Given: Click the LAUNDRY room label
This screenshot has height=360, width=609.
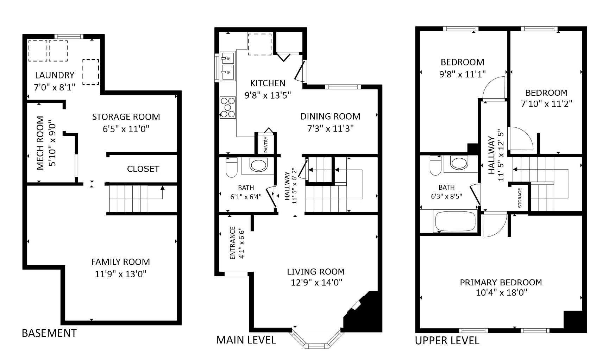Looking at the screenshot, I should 55,75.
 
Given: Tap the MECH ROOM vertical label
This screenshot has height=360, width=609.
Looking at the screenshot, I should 41,143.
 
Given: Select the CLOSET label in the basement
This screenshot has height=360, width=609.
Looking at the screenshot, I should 143,169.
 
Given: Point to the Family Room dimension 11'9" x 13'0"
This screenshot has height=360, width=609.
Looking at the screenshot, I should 120,274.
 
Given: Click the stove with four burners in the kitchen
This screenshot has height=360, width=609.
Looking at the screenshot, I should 227,107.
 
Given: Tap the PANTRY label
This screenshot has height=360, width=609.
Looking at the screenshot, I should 266,145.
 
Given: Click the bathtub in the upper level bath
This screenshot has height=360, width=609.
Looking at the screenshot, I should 455,221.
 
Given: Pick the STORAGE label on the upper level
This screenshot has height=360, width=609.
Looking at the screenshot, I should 520,198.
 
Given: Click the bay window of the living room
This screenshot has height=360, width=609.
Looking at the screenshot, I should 316,341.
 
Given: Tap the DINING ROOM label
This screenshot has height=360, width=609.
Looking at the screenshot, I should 330,116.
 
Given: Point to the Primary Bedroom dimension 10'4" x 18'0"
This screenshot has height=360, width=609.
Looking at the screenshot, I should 501,292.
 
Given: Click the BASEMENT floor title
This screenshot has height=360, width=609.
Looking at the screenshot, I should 49,333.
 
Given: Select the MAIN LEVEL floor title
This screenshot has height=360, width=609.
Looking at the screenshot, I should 246,340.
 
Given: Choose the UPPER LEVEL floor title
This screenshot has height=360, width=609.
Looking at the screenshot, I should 447,341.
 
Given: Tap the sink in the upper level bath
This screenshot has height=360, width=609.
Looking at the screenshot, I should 459,163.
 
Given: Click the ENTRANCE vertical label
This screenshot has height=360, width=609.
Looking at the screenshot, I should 232,243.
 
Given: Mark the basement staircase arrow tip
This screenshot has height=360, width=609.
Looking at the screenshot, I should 162,188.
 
